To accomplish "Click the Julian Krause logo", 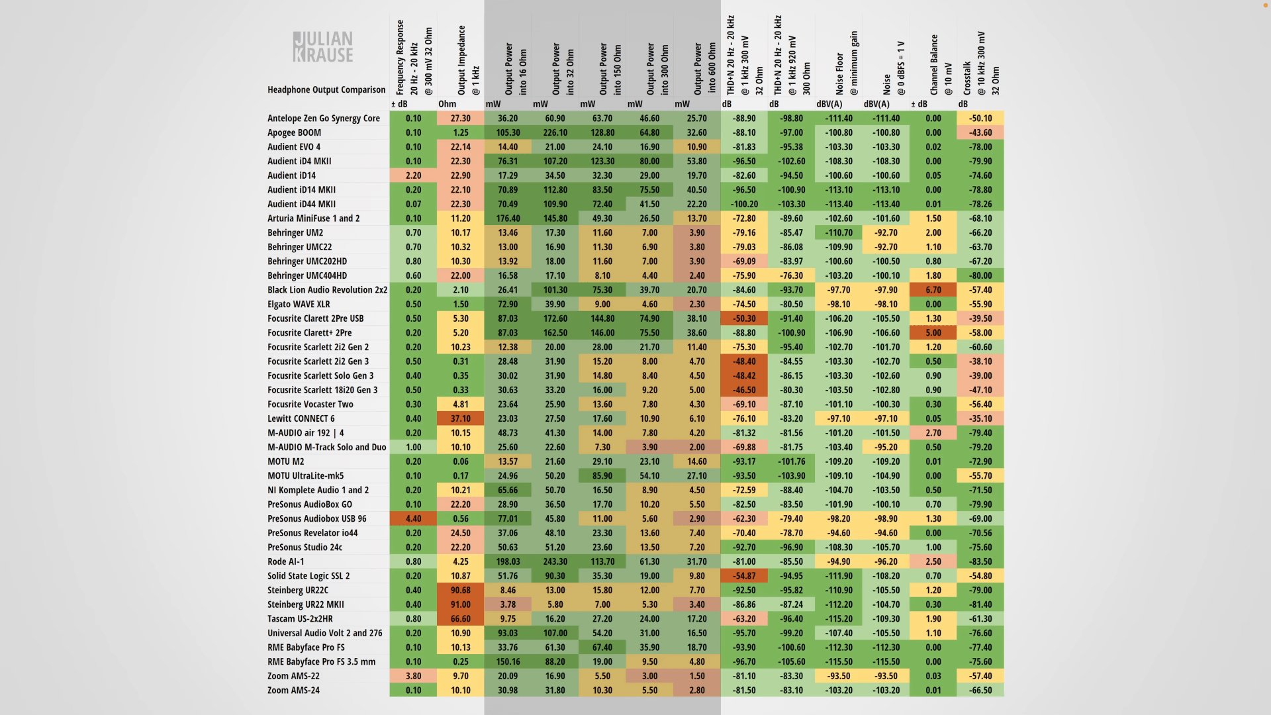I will coord(323,47).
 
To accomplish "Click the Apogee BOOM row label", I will coord(294,132).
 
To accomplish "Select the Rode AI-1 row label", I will coord(286,561).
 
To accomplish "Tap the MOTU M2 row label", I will coord(286,461).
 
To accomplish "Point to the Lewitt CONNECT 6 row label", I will coord(301,418).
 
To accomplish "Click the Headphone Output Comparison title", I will coord(326,89).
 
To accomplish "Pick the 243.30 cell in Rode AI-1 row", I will coord(555,561).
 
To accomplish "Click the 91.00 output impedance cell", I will coord(461,604).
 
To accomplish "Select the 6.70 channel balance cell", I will coord(933,290).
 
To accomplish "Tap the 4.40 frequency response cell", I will coord(414,518).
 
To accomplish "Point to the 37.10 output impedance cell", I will coord(461,418).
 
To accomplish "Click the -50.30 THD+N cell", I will coord(744,318).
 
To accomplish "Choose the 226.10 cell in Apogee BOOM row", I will coord(555,132).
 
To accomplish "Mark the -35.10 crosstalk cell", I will coord(980,418).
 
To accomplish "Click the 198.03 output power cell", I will coord(508,561).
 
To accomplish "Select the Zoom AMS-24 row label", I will coord(293,690).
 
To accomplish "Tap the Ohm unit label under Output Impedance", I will coord(447,104).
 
